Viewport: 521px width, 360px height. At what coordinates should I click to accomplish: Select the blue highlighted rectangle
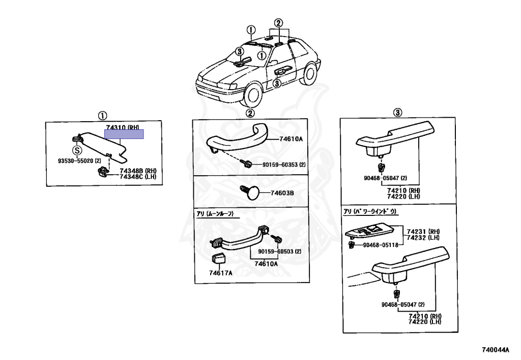coord(124,134)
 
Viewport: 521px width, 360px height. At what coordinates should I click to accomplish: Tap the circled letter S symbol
coord(77,150)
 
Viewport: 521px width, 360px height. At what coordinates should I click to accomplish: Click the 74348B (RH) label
coord(138,171)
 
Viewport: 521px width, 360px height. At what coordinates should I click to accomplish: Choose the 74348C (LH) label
coord(138,177)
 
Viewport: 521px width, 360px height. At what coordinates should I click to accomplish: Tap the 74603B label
coord(282,193)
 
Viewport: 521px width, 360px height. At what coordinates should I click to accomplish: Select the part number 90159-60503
coord(279,252)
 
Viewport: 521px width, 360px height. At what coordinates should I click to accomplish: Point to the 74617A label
coord(220,273)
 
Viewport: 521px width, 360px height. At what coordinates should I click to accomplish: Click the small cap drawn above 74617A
coord(219,259)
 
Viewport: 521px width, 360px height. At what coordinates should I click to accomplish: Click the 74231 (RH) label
coord(423,232)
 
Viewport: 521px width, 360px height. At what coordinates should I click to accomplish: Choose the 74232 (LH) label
coord(423,238)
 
